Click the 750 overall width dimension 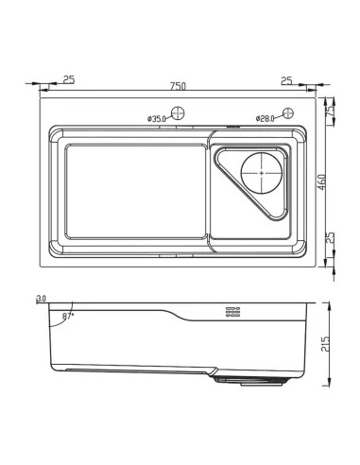pos(178,86)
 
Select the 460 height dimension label pos(321,182)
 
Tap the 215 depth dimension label pos(325,344)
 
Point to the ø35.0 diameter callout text pos(157,119)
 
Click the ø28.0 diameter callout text pos(266,118)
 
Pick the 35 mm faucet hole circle pos(178,113)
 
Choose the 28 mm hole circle pos(288,112)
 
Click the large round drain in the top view pos(262,173)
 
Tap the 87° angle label pos(68,317)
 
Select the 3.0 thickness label pos(42,298)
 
